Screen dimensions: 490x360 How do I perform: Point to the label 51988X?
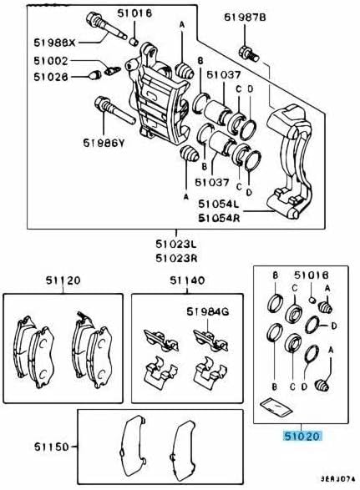click(54, 42)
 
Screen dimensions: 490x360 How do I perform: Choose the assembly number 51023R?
click(176, 260)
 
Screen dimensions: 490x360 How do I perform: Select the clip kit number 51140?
click(185, 280)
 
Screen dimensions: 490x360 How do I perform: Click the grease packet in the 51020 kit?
click(274, 407)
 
